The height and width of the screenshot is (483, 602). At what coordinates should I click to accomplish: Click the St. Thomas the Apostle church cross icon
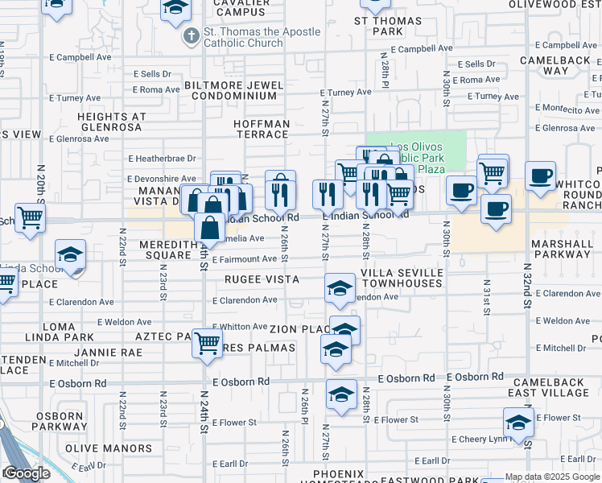point(191,36)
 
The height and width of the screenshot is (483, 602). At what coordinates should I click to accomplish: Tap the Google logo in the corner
point(27,474)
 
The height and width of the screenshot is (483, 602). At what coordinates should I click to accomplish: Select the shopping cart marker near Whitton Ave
point(208,343)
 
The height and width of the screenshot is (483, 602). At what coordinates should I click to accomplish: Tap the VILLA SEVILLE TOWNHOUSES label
point(402,279)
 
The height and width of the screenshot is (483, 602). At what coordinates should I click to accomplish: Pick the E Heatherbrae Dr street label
point(163,159)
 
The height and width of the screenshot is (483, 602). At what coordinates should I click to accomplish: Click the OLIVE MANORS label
point(109,448)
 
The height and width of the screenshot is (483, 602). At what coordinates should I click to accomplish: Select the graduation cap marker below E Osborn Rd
point(341,395)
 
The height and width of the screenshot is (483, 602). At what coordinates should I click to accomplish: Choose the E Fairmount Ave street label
point(245,259)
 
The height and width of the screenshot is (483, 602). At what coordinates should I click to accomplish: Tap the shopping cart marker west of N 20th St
point(30,217)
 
